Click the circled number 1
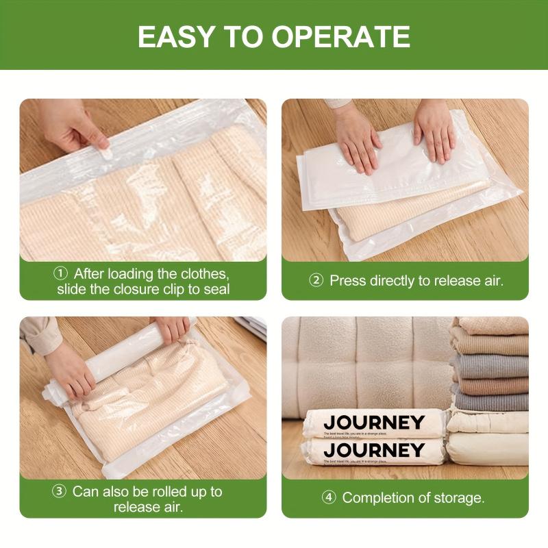click(x=60, y=273)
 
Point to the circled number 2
click(x=316, y=280)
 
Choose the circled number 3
click(x=60, y=491)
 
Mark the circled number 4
click(x=329, y=498)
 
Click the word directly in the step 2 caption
click(x=395, y=280)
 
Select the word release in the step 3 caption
click(x=138, y=507)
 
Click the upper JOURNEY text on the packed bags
click(x=374, y=422)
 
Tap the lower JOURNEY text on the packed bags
click(x=374, y=450)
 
